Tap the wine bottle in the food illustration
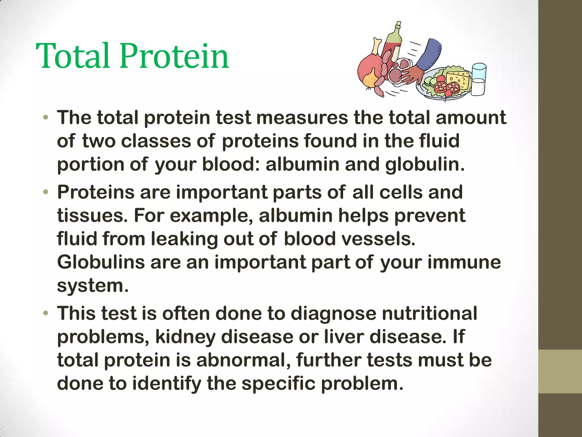(393, 43)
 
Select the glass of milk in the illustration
(479, 80)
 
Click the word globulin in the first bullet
(425, 165)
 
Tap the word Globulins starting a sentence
(101, 262)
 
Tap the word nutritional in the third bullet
(429, 314)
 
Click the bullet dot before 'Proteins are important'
(46, 193)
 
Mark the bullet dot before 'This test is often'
(46, 314)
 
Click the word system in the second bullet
(93, 286)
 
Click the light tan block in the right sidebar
(560, 371)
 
